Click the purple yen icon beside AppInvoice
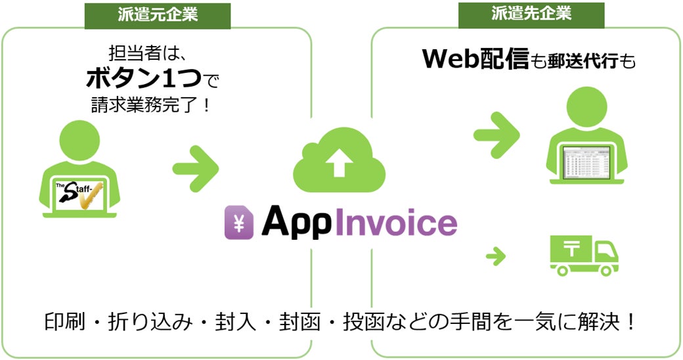(237, 223)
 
